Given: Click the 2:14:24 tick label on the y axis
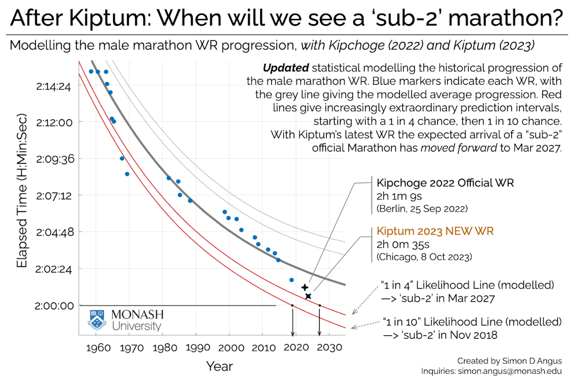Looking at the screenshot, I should click(x=54, y=85).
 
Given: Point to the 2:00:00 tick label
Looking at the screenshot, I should click(x=54, y=306).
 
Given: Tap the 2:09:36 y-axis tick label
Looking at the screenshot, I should click(x=54, y=159).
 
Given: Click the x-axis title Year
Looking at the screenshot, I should click(x=219, y=366).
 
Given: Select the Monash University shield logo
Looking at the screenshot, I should click(x=96, y=319).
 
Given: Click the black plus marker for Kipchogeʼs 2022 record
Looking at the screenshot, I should click(x=305, y=287).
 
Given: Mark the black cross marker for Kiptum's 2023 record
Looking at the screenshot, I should click(x=309, y=296).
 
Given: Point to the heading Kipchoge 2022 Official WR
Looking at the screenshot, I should click(x=445, y=183).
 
